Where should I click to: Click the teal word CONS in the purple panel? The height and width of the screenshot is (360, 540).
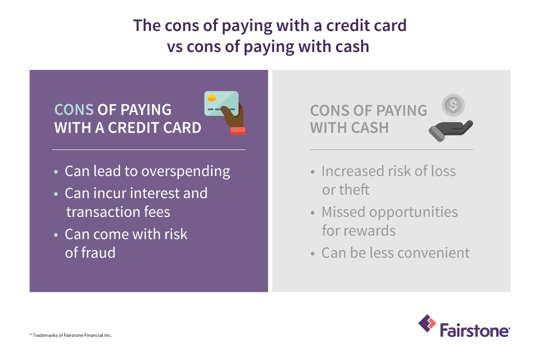[74, 110]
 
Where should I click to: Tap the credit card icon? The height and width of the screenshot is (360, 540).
[220, 103]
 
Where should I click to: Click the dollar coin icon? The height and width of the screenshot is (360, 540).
[453, 105]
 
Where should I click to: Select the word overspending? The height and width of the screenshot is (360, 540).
[185, 171]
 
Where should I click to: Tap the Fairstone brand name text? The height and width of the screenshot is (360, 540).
[475, 330]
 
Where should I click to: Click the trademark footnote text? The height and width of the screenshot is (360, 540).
[70, 335]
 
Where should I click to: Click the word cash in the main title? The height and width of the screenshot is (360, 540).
[350, 46]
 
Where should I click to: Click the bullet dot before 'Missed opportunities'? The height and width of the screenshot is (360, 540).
[312, 213]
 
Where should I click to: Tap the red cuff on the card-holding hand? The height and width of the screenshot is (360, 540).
[237, 130]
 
